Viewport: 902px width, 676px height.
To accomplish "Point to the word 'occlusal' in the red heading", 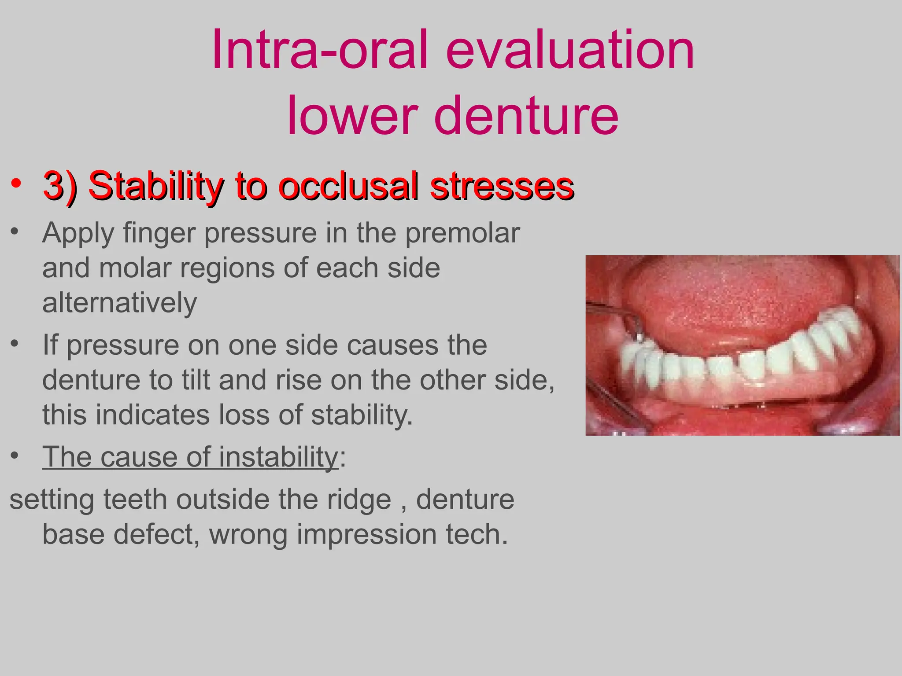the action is [x=348, y=186].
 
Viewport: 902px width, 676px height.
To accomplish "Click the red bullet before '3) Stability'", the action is [x=16, y=184].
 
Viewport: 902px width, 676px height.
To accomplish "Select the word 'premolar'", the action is [x=462, y=233].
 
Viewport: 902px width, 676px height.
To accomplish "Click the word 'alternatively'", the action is [x=119, y=303].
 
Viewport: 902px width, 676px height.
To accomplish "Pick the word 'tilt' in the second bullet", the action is [x=198, y=380].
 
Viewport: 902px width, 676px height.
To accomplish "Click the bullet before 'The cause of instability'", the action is [x=15, y=456].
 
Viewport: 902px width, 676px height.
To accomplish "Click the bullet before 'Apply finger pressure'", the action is [x=15, y=231].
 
